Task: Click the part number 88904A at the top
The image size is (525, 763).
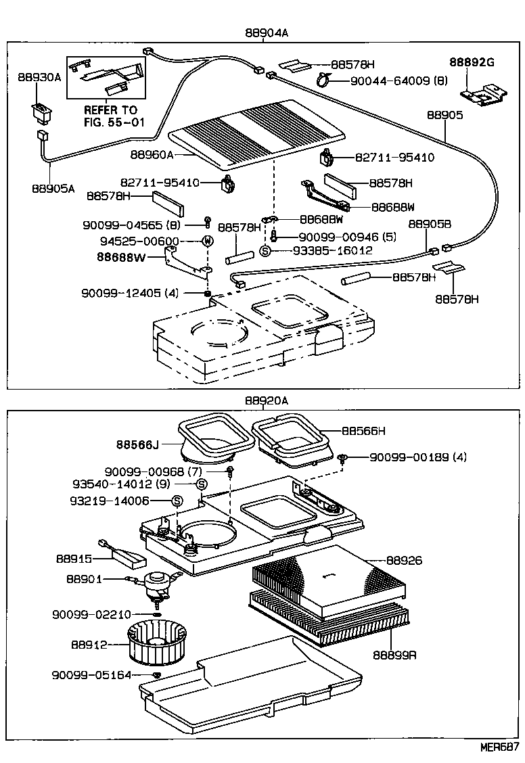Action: coord(267,32)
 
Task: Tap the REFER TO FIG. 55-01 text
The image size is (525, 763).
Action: coord(110,116)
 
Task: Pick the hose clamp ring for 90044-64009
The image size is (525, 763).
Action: coord(323,81)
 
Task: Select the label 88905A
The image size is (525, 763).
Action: coord(53,189)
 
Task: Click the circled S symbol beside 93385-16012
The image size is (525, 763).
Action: coord(265,250)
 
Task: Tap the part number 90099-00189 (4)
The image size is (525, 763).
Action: coord(417,457)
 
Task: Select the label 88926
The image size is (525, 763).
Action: coord(404,560)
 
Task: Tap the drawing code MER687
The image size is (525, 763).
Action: coord(499,748)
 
